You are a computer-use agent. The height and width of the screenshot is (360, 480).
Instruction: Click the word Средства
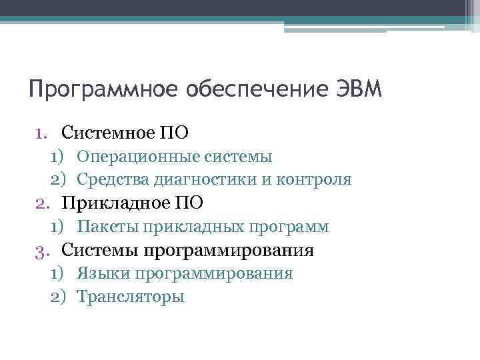(x=113, y=180)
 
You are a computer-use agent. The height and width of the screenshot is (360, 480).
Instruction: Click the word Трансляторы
(x=130, y=297)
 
